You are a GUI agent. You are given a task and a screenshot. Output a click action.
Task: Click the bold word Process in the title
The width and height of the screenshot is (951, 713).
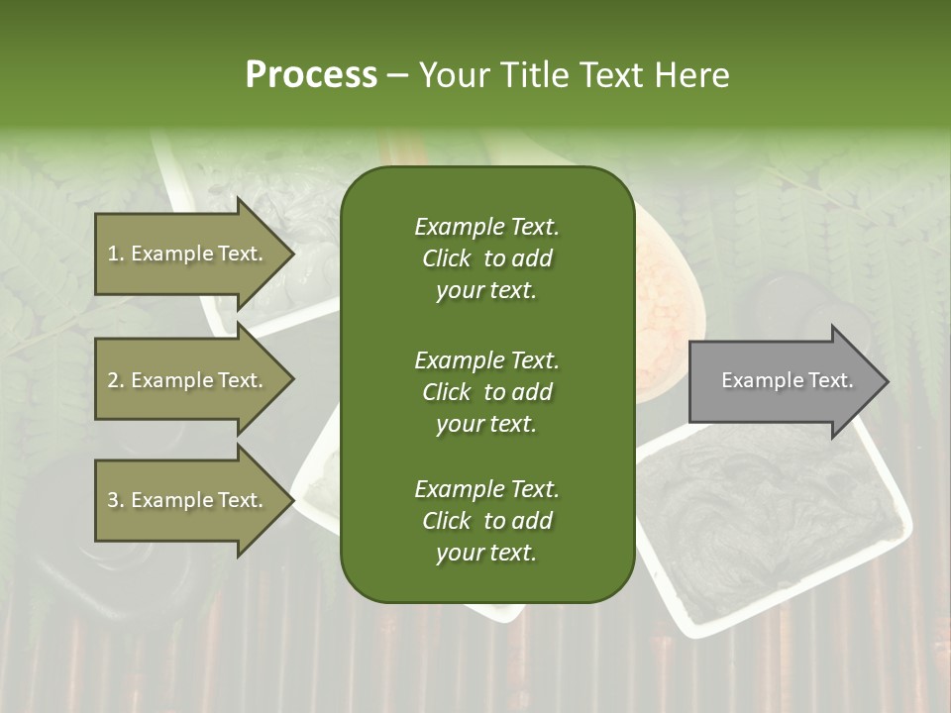tap(311, 75)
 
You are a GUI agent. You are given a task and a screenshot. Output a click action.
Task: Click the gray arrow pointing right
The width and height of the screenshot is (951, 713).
tap(783, 380)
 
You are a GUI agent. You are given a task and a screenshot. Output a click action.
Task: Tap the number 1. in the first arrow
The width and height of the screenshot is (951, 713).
tap(116, 255)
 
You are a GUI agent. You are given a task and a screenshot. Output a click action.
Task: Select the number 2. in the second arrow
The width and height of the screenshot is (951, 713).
tap(116, 381)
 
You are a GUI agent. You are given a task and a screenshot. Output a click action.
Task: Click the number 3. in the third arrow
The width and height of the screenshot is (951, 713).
tap(116, 501)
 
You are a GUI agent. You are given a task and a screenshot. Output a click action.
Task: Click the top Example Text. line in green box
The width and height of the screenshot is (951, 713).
tap(486, 227)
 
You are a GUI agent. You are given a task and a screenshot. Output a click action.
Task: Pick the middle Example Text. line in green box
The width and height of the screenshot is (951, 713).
tap(486, 360)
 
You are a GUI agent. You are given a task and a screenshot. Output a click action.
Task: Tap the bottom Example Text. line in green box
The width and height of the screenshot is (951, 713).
tap(486, 489)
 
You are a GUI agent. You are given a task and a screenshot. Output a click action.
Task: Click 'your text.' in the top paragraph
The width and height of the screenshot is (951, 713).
tap(486, 291)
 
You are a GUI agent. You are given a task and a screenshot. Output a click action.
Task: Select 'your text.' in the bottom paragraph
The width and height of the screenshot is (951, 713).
tap(486, 554)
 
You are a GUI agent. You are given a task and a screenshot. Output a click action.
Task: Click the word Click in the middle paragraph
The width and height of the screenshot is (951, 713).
tap(447, 392)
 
